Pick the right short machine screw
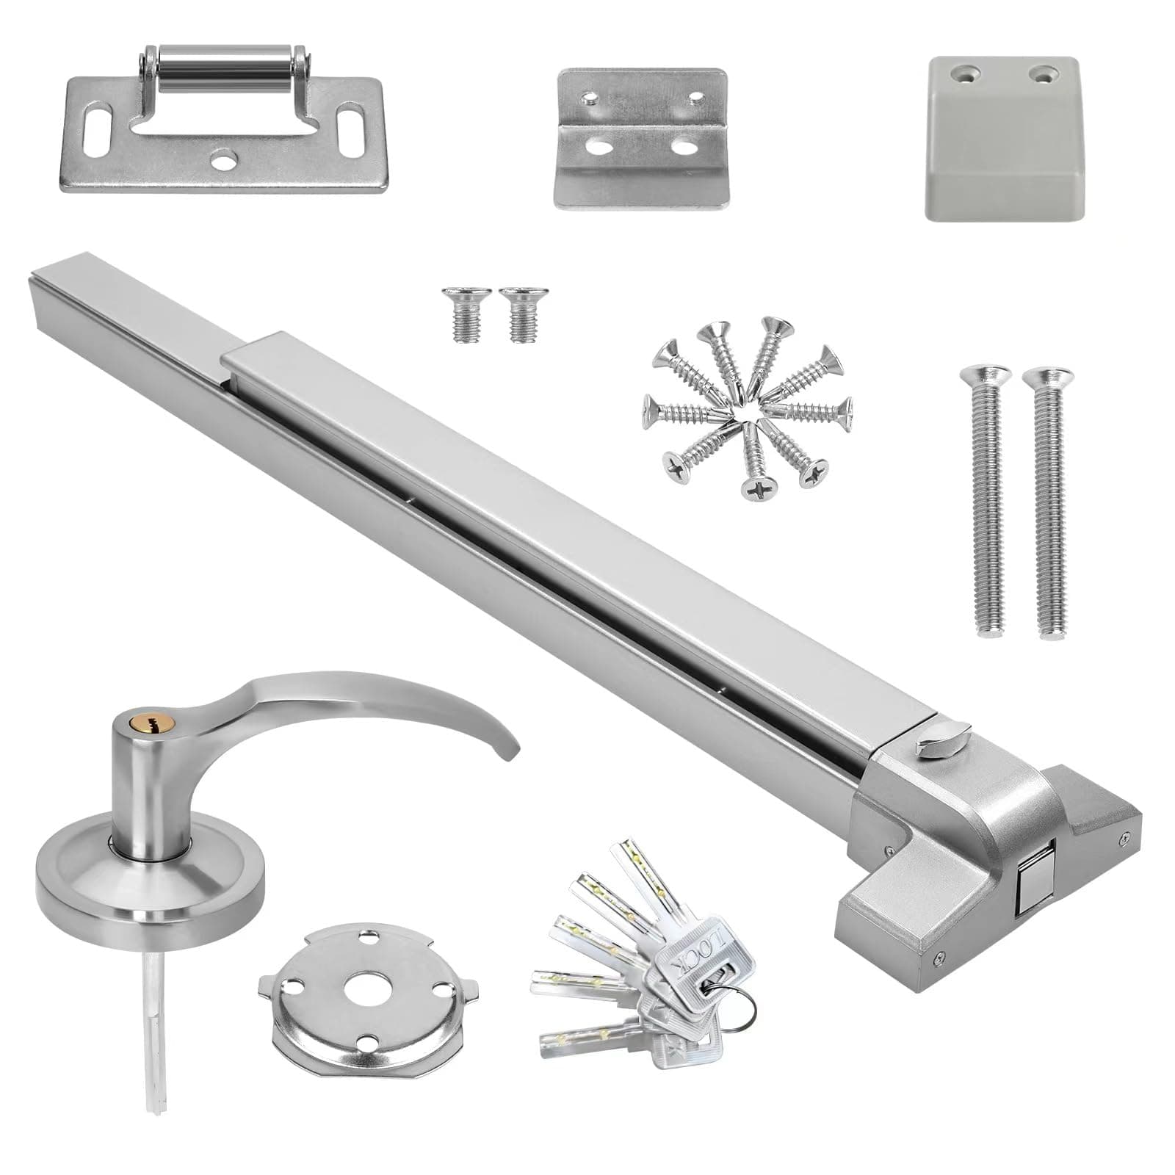pos(518,314)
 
